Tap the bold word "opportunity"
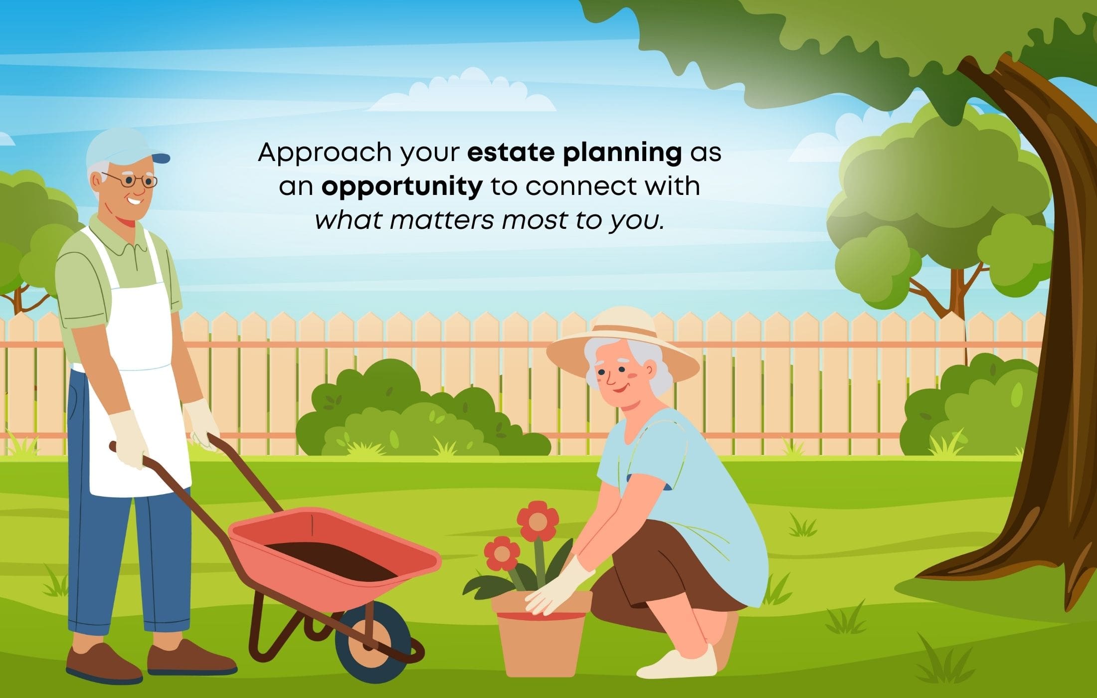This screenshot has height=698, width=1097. click(402, 187)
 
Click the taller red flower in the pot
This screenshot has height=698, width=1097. click(538, 521)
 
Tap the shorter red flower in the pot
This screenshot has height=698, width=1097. click(502, 554)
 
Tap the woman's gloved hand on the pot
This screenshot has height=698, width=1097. click(558, 588)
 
